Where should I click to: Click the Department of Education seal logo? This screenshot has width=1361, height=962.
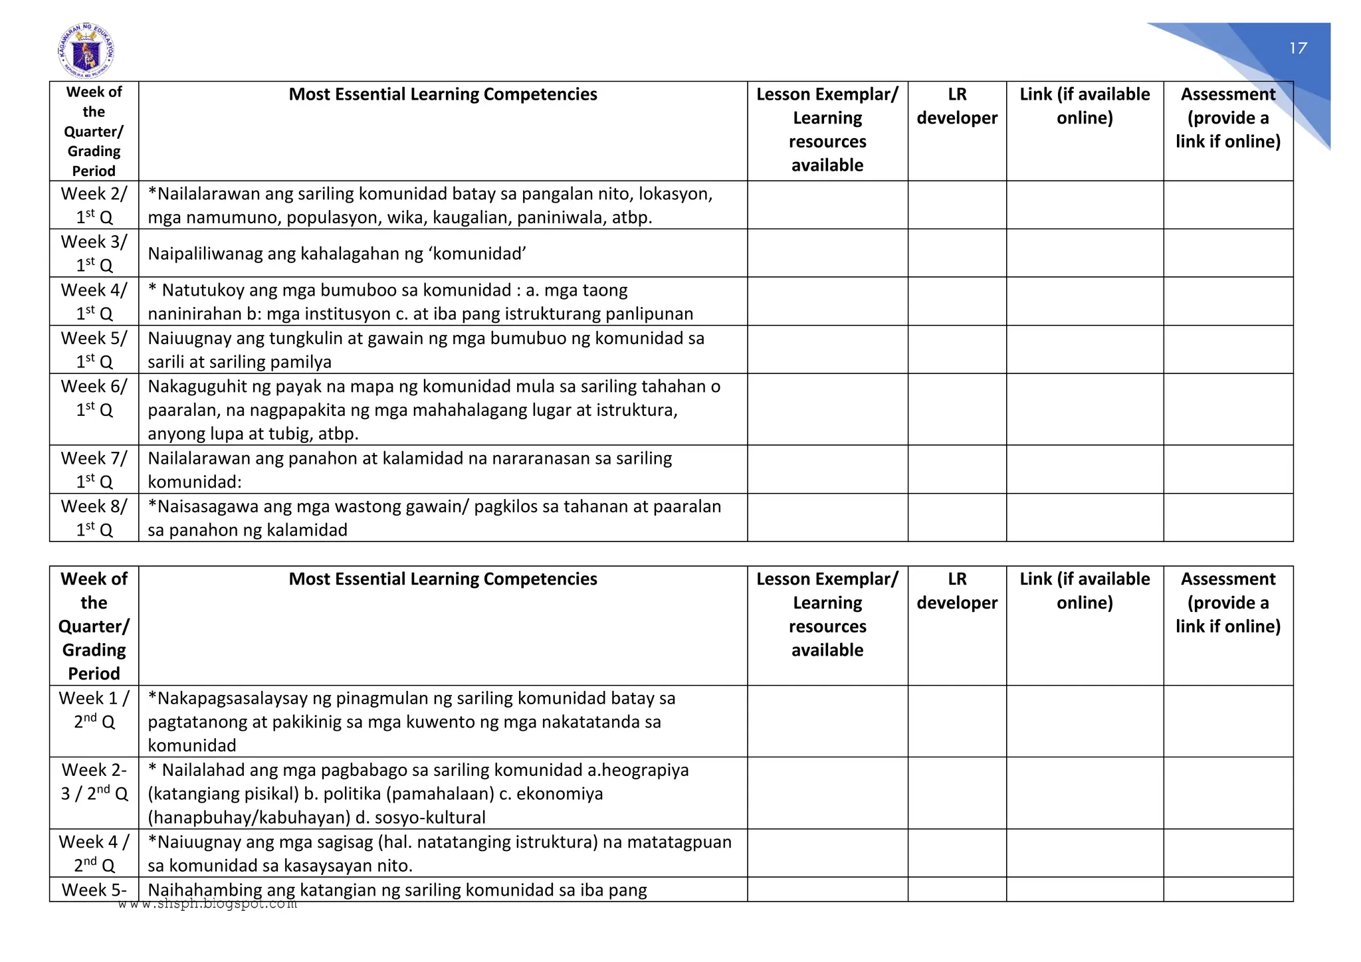[x=86, y=51]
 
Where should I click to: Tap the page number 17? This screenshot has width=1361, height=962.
[x=1298, y=48]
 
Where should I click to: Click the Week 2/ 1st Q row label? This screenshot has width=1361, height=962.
[x=94, y=205]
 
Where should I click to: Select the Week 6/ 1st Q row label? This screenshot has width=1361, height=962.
[x=94, y=398]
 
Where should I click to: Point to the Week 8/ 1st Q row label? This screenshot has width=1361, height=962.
[x=94, y=518]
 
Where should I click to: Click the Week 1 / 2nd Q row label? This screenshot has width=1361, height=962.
[x=94, y=710]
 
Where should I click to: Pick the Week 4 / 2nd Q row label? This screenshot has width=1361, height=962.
[x=94, y=853]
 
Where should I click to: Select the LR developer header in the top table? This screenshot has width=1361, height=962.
[x=957, y=106]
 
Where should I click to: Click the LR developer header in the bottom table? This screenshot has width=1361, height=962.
[x=957, y=591]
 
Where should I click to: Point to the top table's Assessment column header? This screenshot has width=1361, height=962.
[x=1227, y=118]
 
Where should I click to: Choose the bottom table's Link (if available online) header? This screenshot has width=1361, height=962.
[x=1085, y=591]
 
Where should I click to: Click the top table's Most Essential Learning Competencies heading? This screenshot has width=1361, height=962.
[x=443, y=94]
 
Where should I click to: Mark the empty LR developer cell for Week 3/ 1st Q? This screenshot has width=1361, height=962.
[x=957, y=253]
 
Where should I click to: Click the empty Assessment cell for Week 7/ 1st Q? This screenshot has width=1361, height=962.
[x=1227, y=469]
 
